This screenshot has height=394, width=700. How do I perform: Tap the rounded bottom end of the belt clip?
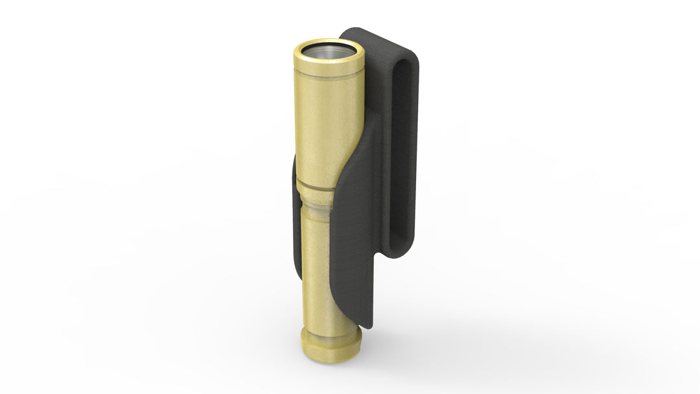(x=397, y=251)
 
